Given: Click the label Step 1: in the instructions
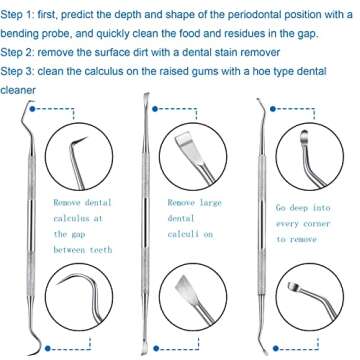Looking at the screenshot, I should pyautogui.click(x=22, y=16).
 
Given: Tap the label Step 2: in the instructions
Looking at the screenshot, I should pyautogui.click(x=22, y=51).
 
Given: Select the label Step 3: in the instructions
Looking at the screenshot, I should pyautogui.click(x=22, y=71).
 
